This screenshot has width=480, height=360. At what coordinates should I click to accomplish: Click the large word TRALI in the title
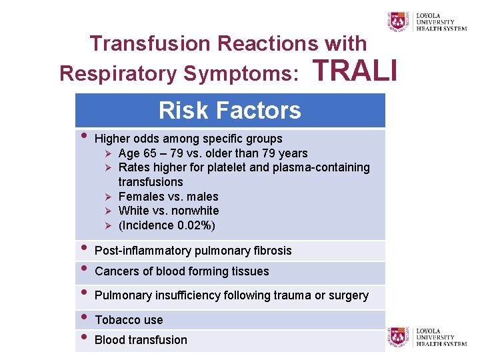354,70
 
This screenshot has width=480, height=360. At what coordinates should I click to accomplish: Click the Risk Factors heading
230,110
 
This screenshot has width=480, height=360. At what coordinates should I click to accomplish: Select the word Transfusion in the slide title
153,43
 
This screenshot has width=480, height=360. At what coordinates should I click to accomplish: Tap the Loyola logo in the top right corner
427,21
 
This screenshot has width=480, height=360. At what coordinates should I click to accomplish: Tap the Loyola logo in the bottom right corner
427,337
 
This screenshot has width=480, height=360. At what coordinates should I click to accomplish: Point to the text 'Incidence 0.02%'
167,225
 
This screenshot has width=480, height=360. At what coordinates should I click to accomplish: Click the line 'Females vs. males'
168,197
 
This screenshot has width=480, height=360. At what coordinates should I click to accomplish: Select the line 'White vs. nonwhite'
168,211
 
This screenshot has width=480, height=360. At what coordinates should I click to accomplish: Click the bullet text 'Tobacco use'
129,320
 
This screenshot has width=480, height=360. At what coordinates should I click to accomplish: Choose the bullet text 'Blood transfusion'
141,340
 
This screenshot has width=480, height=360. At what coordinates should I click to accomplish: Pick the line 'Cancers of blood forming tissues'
182,271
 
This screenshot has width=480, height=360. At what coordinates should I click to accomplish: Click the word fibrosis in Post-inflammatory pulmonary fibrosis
272,251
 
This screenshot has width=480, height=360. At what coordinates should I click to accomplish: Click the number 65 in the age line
150,153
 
